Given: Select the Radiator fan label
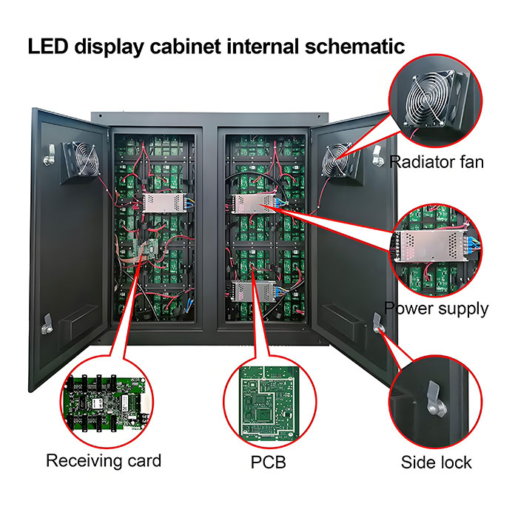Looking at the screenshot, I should pyautogui.click(x=436, y=161).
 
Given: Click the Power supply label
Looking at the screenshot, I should pyautogui.click(x=436, y=308).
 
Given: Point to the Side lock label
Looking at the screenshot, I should pyautogui.click(x=436, y=462).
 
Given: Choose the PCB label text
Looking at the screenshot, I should pyautogui.click(x=268, y=462).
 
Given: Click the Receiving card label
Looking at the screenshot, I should pyautogui.click(x=104, y=461).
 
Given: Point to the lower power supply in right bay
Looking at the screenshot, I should pyautogui.click(x=252, y=290).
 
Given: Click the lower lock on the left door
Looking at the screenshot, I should pyautogui.click(x=47, y=320).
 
